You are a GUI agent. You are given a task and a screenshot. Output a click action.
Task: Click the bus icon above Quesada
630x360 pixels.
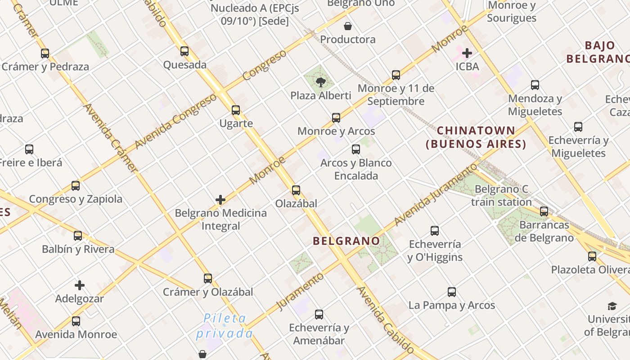(184, 51)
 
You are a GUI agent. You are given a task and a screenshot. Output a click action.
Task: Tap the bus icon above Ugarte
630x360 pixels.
(236, 110)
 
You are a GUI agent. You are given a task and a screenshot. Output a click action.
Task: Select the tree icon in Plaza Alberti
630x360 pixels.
(321, 82)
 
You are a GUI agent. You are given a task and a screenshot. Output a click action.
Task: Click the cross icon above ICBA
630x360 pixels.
(467, 53)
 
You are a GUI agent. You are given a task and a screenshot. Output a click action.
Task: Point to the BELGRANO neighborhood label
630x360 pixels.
(346, 241)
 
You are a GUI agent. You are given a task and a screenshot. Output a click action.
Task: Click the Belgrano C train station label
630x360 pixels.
(501, 196)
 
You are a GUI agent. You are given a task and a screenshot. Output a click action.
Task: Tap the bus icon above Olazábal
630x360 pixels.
(296, 190)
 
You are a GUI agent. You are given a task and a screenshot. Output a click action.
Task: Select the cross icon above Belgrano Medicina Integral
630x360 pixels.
(220, 199)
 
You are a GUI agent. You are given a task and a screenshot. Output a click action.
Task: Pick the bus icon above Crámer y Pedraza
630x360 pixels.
(45, 53)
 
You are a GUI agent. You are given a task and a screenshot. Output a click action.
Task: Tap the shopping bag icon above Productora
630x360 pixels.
(348, 26)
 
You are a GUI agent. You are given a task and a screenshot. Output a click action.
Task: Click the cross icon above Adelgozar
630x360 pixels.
(80, 285)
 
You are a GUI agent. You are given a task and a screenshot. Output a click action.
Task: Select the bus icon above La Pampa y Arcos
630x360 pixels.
(452, 292)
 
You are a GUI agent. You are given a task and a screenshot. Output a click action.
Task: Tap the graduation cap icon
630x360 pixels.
(612, 306)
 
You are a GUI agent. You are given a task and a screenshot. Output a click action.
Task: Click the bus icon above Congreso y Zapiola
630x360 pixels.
(76, 185)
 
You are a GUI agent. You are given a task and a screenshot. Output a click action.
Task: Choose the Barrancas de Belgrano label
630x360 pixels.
(544, 231)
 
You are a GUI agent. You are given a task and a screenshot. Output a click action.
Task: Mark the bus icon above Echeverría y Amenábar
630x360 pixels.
(319, 314)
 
